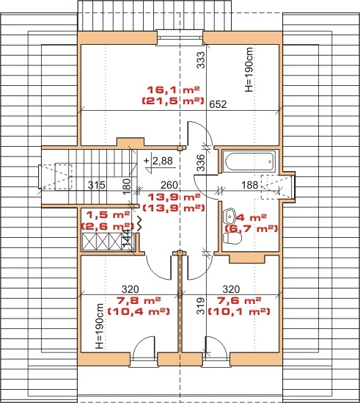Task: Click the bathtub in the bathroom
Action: click(x=249, y=161)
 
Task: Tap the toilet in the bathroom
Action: click(x=232, y=239)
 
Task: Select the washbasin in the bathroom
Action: click(x=230, y=216)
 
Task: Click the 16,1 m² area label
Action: click(x=173, y=90)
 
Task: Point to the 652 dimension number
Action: click(x=218, y=104)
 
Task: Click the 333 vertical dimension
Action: click(x=201, y=60)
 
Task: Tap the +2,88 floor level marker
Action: click(x=158, y=161)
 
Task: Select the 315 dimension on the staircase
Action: click(x=97, y=185)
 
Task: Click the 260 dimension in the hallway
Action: click(x=169, y=185)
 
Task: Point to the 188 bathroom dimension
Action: click(x=250, y=185)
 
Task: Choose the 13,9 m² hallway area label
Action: click(x=174, y=197)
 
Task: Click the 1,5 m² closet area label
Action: click(x=108, y=214)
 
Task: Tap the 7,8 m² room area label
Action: click(x=139, y=300)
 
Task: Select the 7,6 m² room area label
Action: click(x=239, y=300)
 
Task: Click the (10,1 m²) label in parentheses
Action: click(x=239, y=311)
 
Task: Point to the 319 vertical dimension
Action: click(x=202, y=306)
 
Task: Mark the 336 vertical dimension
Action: click(x=202, y=163)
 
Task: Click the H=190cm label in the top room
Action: click(x=249, y=70)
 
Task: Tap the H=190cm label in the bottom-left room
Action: click(x=100, y=326)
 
